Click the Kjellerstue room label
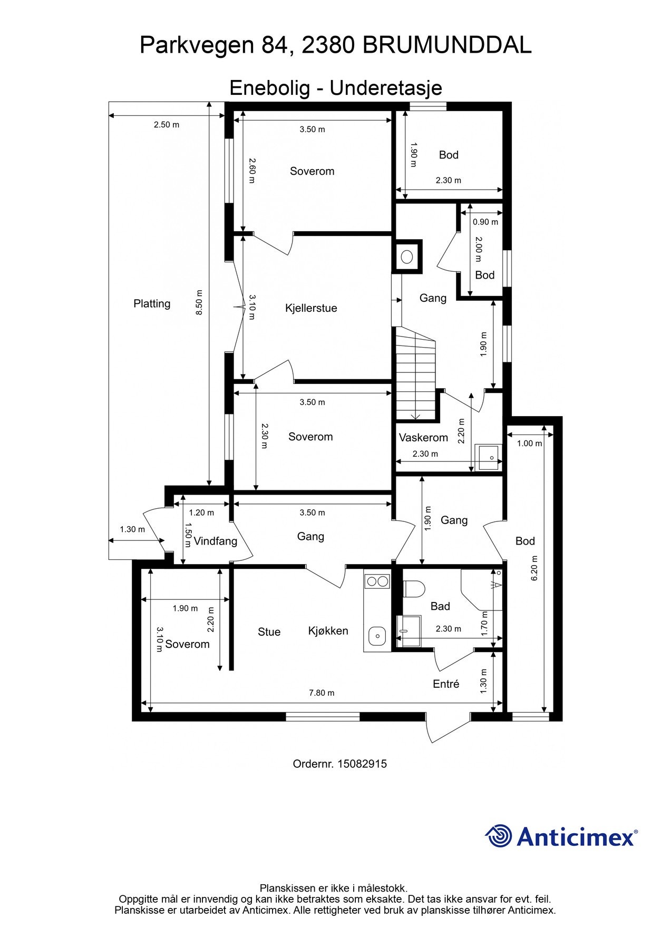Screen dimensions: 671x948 click(x=311, y=308)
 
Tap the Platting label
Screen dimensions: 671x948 click(x=152, y=304)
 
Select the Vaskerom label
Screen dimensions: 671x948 click(x=423, y=438)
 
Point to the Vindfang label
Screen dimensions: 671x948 click(x=215, y=541)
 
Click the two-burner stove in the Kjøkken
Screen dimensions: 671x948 click(x=377, y=581)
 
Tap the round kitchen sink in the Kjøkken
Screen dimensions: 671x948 click(x=377, y=636)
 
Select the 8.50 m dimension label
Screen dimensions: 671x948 click(x=199, y=303)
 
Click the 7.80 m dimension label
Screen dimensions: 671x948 click(x=322, y=693)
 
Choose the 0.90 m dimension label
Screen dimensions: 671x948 click(x=485, y=222)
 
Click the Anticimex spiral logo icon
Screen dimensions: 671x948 click(x=499, y=836)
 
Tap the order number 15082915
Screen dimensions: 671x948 click(x=362, y=764)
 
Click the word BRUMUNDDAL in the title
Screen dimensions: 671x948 click(x=447, y=46)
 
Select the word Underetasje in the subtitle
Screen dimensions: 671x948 click(x=386, y=88)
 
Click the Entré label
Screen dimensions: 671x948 click(x=446, y=684)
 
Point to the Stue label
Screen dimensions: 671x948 click(x=269, y=632)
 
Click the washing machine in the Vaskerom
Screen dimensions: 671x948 click(x=488, y=457)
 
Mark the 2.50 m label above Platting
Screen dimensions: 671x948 click(x=167, y=125)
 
